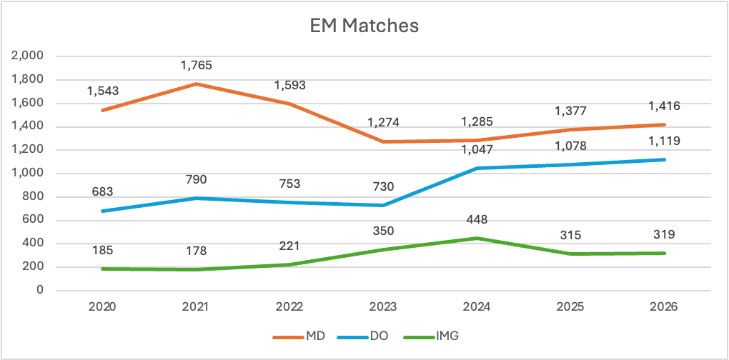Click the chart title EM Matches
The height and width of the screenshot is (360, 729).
(x=364, y=26)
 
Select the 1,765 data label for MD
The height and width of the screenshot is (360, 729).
(x=196, y=66)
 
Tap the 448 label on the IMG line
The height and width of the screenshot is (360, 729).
(x=477, y=220)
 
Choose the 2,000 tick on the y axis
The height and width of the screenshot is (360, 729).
(x=29, y=56)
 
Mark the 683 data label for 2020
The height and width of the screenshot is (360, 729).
(x=102, y=192)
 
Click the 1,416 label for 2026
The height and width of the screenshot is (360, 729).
(x=664, y=106)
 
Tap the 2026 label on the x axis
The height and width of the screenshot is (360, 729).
(x=664, y=306)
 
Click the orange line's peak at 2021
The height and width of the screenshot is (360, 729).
(x=196, y=84)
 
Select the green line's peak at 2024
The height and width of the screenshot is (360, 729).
(x=477, y=238)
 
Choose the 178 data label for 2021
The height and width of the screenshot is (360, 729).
(x=196, y=251)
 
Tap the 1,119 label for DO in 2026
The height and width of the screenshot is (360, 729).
(x=664, y=141)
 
